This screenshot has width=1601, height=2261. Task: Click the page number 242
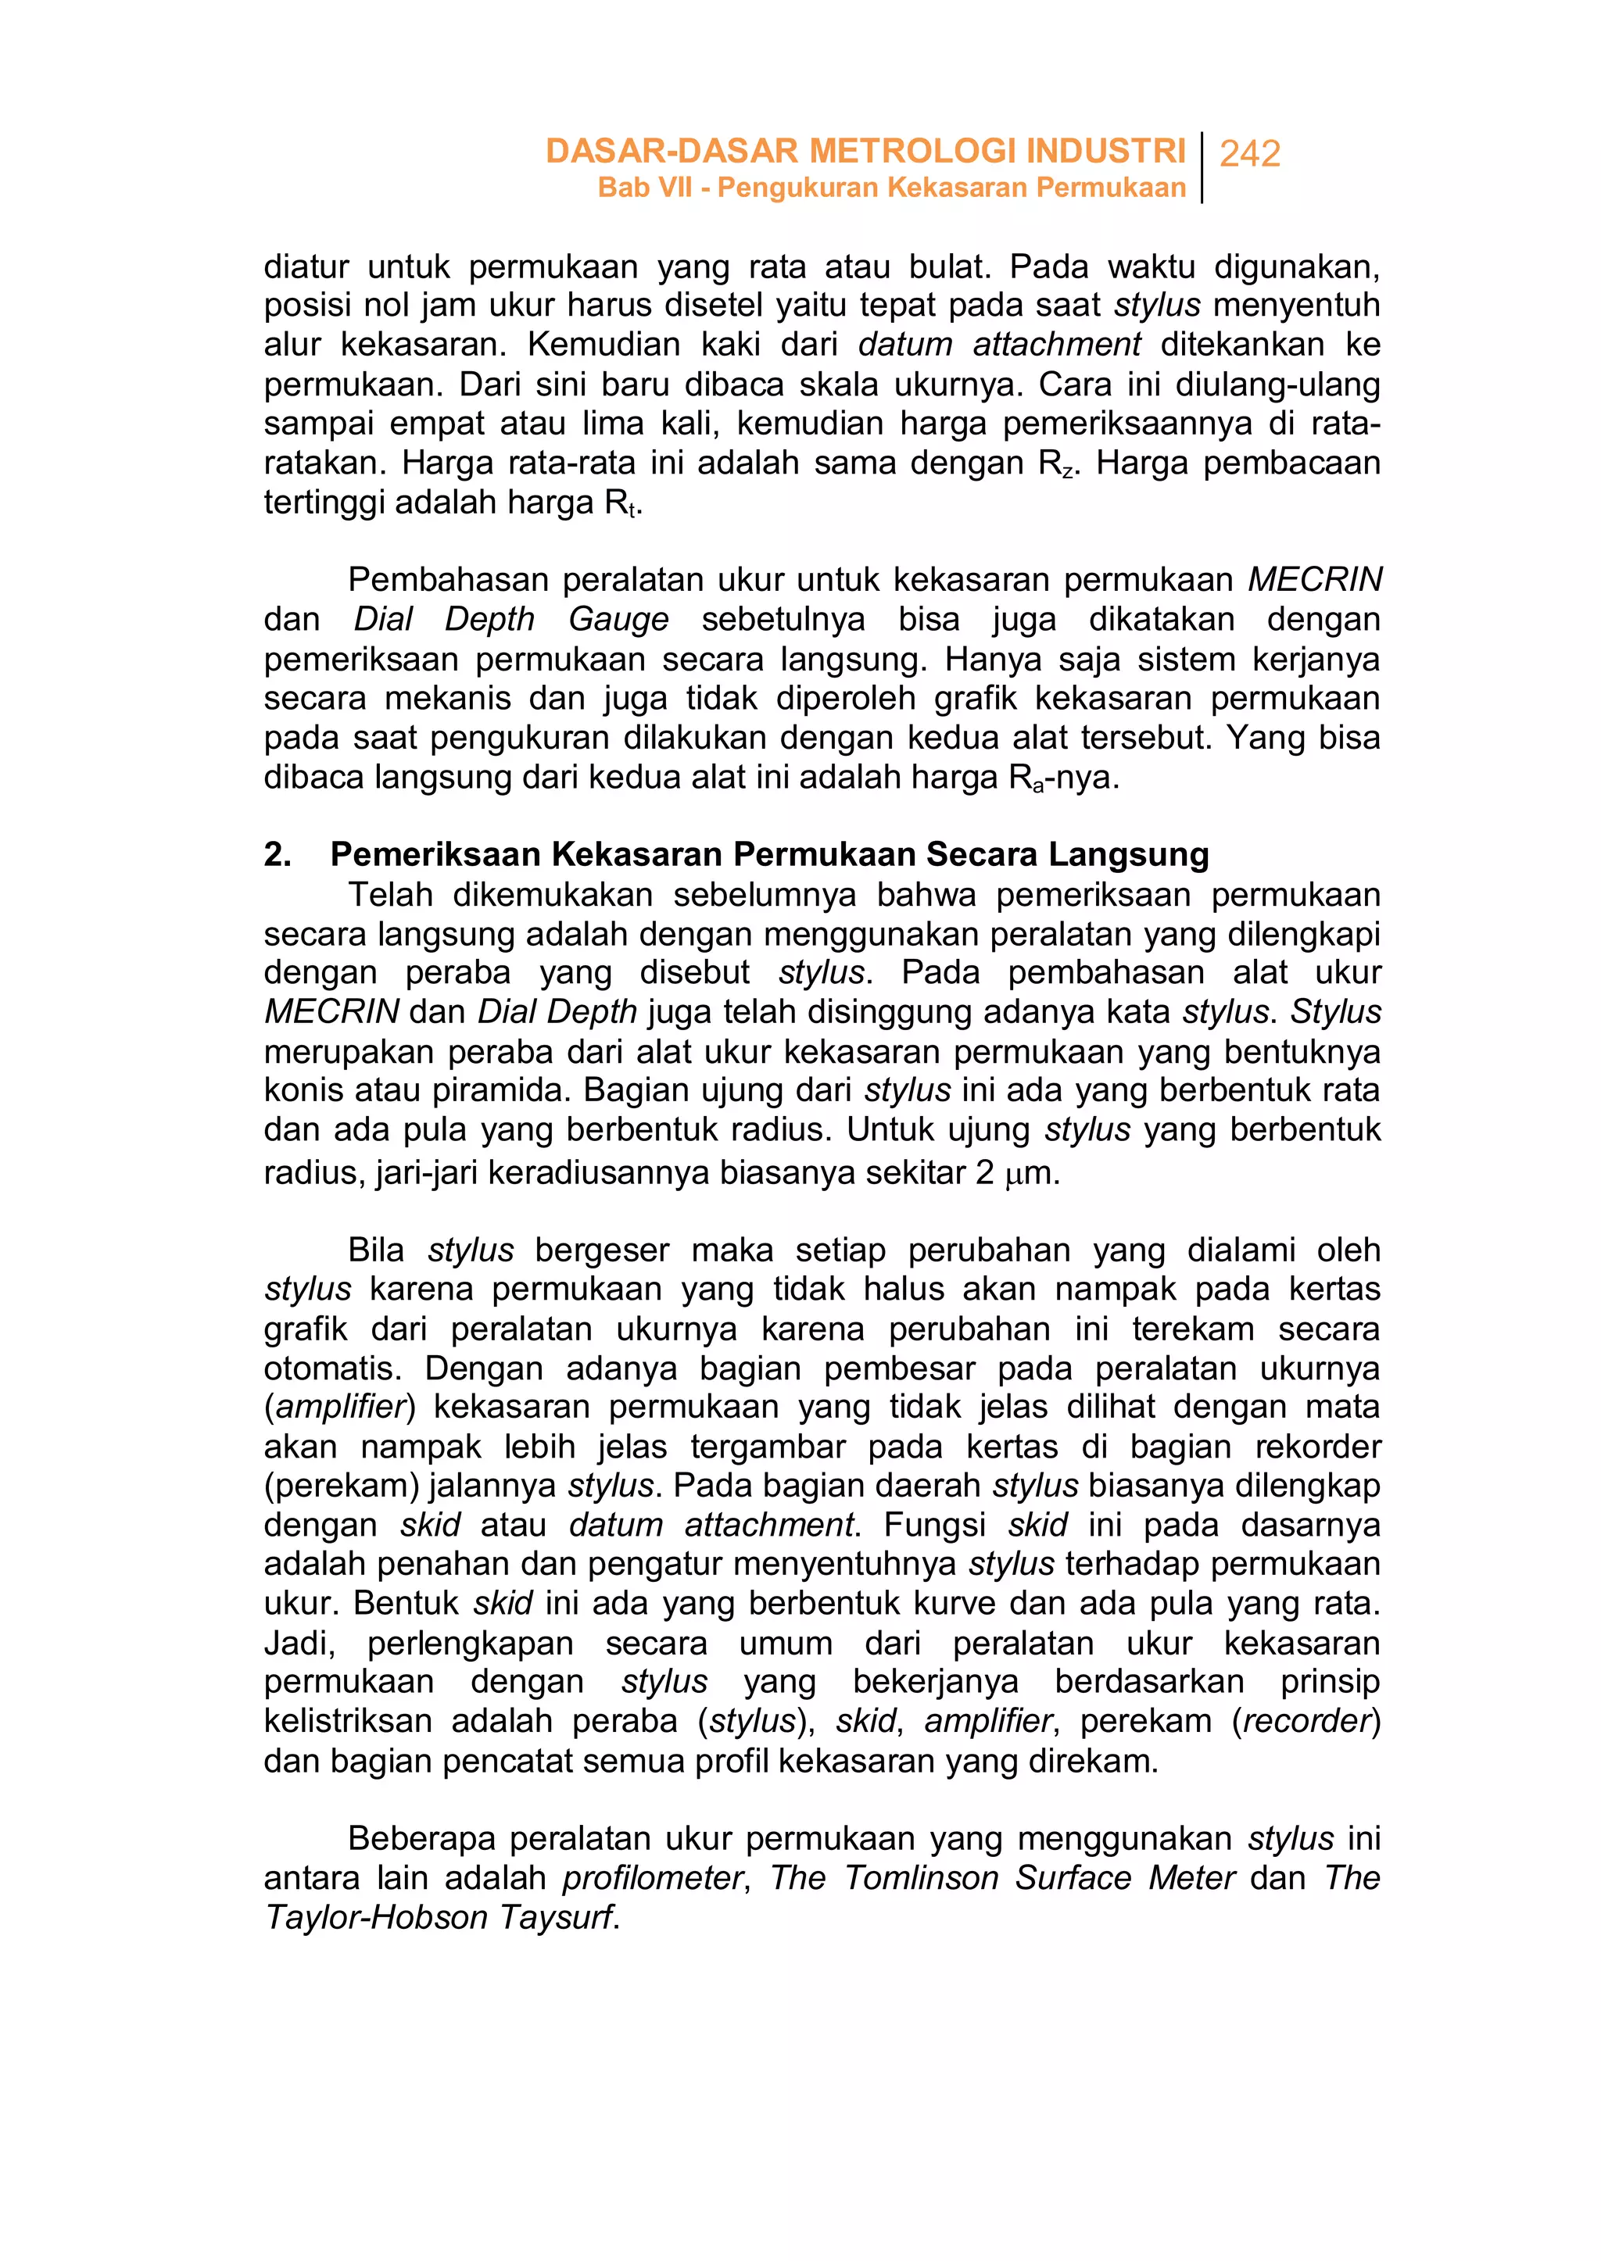[1249, 154]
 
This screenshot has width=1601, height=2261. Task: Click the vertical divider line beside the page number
[1203, 167]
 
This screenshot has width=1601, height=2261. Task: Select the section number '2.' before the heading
[277, 853]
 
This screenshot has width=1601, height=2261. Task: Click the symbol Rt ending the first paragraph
[619, 503]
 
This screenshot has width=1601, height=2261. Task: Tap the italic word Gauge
[618, 619]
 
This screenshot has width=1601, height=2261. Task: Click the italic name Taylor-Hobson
[377, 1917]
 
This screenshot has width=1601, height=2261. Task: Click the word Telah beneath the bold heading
[390, 894]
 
